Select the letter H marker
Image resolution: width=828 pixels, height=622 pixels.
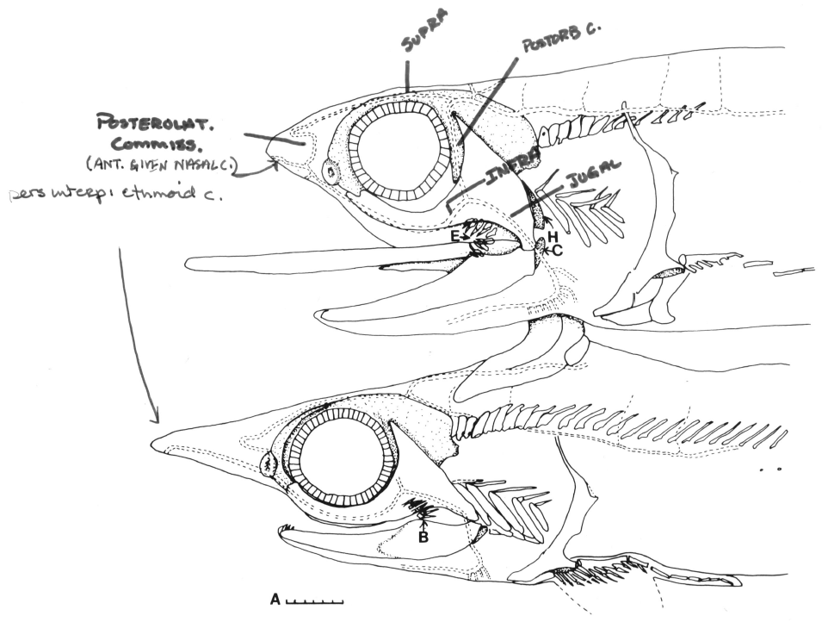[x=553, y=234]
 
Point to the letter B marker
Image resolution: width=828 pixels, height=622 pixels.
[x=423, y=538]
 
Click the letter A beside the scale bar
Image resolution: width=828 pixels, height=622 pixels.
[x=275, y=598]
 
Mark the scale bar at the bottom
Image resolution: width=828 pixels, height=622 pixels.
[x=314, y=600]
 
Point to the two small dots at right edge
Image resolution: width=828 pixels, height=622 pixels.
[x=772, y=470]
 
